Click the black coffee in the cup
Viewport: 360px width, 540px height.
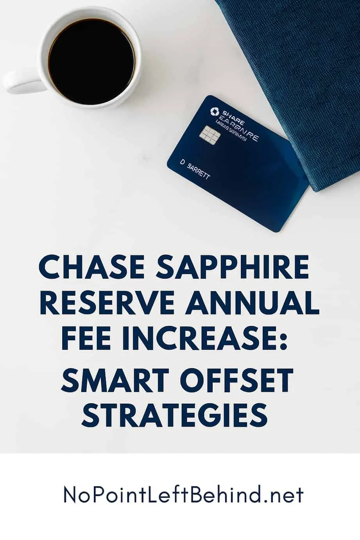tap(91, 61)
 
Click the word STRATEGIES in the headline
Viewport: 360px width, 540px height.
tap(175, 413)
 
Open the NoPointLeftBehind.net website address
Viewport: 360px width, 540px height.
tap(183, 495)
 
